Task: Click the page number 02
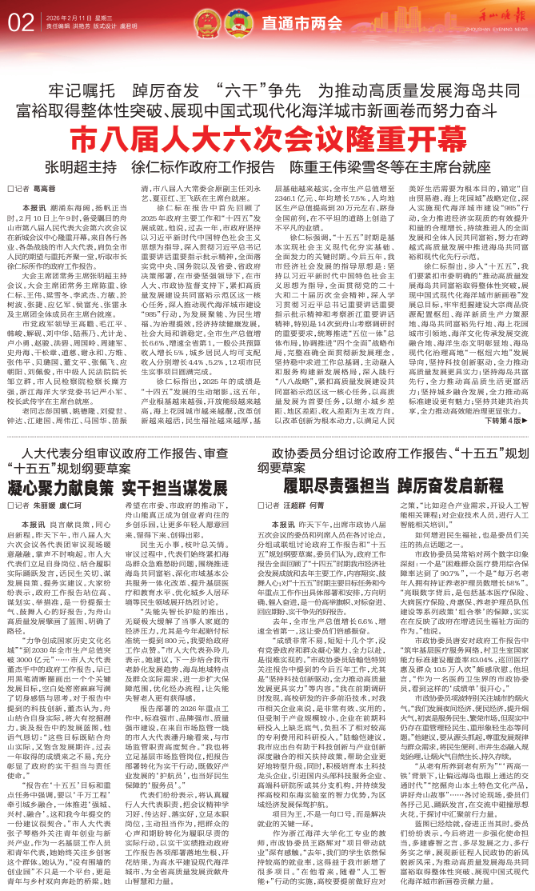click(19, 19)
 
